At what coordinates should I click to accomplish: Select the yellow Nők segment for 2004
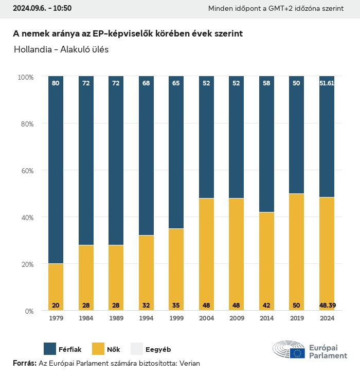[x=207, y=252]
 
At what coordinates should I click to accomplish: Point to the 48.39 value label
[x=327, y=306]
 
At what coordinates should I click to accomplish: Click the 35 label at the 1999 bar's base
[x=176, y=306]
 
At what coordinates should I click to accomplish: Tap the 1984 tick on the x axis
[x=86, y=318]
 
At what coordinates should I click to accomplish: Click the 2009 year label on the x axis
[x=237, y=318]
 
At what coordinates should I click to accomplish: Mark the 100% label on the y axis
[x=25, y=77]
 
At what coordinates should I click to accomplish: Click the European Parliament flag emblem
[x=297, y=353]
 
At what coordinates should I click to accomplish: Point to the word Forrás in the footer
[x=24, y=363]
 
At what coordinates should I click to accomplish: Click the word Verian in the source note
[x=189, y=363]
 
